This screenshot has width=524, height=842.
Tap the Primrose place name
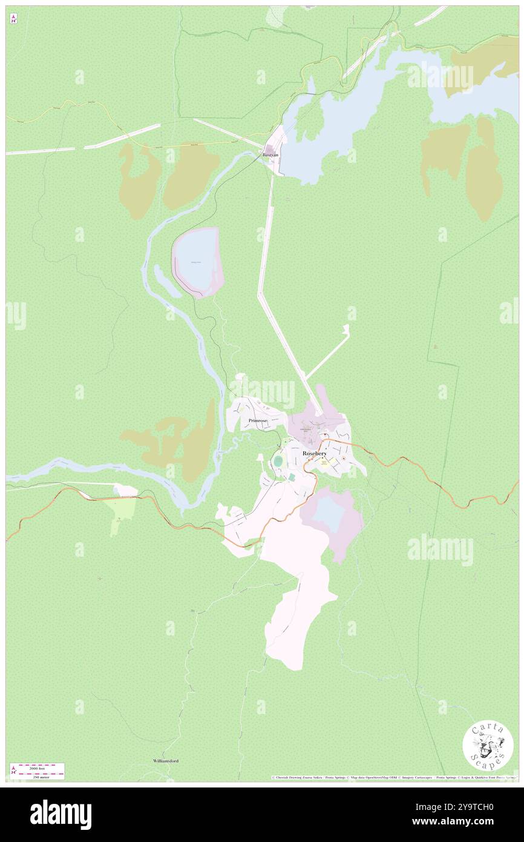coord(258,420)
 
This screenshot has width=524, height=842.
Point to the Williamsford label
coord(165,760)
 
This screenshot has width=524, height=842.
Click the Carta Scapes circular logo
coord(488,746)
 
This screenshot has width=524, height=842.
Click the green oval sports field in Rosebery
coord(278,462)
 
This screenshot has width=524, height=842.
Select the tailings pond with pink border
coord(198,262)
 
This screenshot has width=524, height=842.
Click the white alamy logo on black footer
coord(61,815)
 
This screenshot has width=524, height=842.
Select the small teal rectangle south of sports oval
coord(291,477)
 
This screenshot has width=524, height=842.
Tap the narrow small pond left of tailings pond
coord(164,280)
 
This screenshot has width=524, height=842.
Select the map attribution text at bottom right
coord(393,777)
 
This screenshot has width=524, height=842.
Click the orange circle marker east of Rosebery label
coord(344,459)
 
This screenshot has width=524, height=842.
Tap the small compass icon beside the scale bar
coord(13,771)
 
